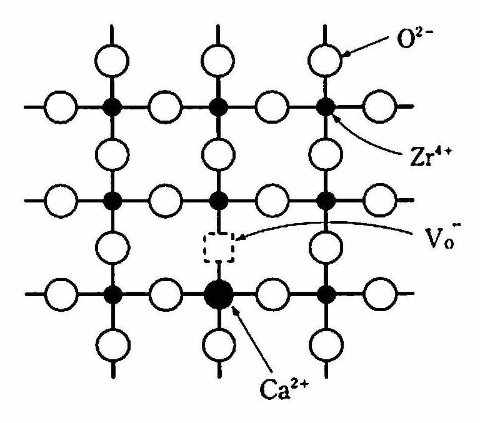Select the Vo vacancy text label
point(441,238)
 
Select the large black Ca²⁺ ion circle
point(219,294)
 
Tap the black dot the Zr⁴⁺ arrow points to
point(326,107)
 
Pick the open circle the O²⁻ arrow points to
point(325,61)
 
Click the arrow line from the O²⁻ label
point(366,46)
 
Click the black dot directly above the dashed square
point(219,201)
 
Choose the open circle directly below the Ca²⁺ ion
point(219,345)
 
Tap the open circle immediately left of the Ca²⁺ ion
point(166,294)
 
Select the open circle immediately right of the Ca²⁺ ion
point(272,294)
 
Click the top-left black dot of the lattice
point(112,107)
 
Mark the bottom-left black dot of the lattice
point(112,294)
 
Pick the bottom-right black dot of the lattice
point(326,294)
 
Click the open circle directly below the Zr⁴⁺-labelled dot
point(326,154)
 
